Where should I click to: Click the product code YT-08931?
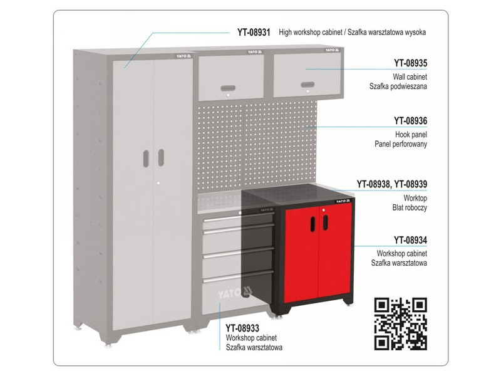(x=254, y=33)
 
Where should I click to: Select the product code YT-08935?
(x=410, y=63)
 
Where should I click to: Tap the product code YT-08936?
(x=410, y=121)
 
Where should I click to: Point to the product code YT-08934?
(x=410, y=240)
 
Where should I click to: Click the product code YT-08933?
(x=242, y=328)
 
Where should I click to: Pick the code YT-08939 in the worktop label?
(x=410, y=184)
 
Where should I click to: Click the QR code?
(x=401, y=323)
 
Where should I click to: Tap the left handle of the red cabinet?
(x=312, y=224)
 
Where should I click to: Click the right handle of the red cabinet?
(x=325, y=222)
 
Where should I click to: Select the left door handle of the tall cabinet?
(x=146, y=159)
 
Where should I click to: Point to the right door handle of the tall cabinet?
(x=161, y=157)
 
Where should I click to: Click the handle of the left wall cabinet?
(x=228, y=88)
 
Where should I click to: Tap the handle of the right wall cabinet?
(x=307, y=85)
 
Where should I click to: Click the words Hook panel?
(x=411, y=135)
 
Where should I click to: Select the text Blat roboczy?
(x=410, y=208)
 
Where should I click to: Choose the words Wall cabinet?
(x=410, y=76)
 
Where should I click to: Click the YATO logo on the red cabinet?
(x=343, y=201)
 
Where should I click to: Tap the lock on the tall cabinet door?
(x=158, y=183)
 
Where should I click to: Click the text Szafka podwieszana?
(x=398, y=86)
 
